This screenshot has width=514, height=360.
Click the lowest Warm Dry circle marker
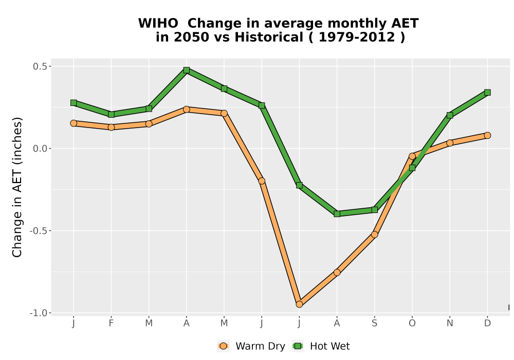(299, 304)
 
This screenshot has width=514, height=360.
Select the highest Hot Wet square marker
(187, 70)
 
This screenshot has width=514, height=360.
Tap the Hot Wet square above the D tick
(487, 93)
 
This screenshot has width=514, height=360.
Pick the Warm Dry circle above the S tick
(374, 235)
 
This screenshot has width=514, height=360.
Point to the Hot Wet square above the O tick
(412, 168)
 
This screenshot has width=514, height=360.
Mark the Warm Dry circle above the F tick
(111, 127)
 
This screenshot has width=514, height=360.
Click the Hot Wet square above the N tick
(450, 115)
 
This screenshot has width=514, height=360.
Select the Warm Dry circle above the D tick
(487, 135)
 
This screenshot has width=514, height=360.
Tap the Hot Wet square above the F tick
(111, 114)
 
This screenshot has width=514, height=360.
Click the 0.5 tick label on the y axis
(40, 66)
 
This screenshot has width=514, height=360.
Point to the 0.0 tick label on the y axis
(40, 149)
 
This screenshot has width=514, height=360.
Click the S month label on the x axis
(374, 323)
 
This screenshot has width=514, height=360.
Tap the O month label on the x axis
(412, 323)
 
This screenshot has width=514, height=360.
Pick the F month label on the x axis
(111, 323)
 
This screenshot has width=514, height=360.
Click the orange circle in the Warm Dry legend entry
(223, 346)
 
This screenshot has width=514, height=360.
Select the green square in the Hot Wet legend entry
(298, 346)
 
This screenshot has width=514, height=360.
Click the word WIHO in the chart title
(158, 24)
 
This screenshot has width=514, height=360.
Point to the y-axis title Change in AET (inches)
(17, 187)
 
